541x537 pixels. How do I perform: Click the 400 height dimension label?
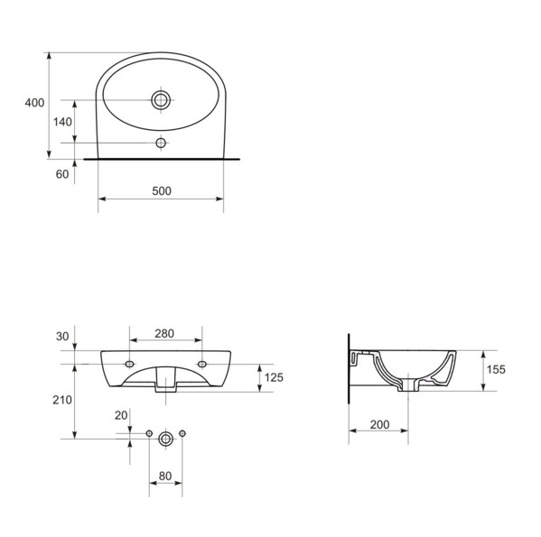click(34, 103)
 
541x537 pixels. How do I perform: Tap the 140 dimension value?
click(62, 122)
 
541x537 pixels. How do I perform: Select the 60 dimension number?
click(62, 174)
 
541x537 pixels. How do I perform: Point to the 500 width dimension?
click(162, 191)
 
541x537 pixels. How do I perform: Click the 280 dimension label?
click(164, 334)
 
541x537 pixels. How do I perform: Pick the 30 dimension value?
click(62, 337)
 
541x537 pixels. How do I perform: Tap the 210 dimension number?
click(62, 400)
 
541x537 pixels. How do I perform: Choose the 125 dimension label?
click(274, 377)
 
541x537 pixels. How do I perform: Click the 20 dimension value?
click(121, 415)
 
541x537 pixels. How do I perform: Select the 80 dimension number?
click(165, 476)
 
